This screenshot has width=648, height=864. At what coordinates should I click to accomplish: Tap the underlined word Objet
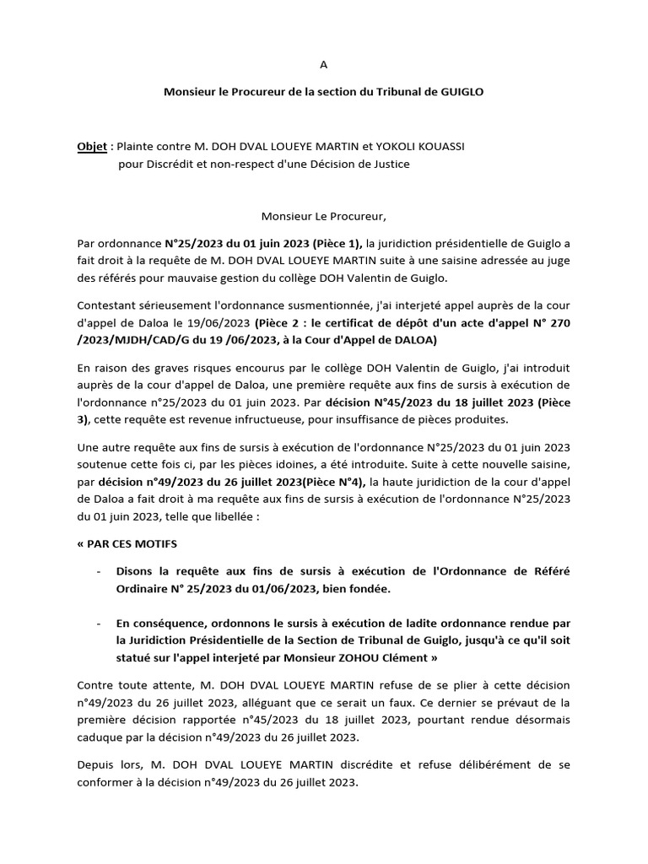[92, 147]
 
